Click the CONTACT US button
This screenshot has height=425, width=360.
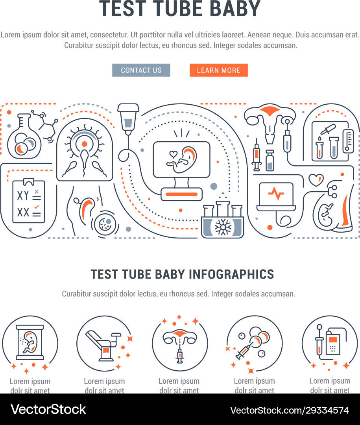pyautogui.click(x=141, y=70)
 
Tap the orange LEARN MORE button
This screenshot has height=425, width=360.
pyautogui.click(x=218, y=70)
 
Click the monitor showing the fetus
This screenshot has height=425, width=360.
pyautogui.click(x=181, y=159)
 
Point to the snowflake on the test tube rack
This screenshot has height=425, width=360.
pyautogui.click(x=222, y=228)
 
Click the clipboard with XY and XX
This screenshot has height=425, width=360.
pyautogui.click(x=29, y=201)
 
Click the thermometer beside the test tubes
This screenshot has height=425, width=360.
pyautogui.click(x=347, y=140)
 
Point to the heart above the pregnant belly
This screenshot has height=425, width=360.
pyautogui.click(x=316, y=180)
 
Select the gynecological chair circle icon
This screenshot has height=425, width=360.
pyautogui.click(x=104, y=344)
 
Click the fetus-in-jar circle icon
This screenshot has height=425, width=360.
pyautogui.click(x=30, y=344)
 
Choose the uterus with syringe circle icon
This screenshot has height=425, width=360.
pyautogui.click(x=180, y=344)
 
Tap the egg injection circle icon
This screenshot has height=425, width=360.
pyautogui.click(x=255, y=344)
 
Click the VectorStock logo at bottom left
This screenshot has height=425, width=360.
pyautogui.click(x=48, y=409)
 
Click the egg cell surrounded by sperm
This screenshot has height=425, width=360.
pyautogui.click(x=84, y=144)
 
